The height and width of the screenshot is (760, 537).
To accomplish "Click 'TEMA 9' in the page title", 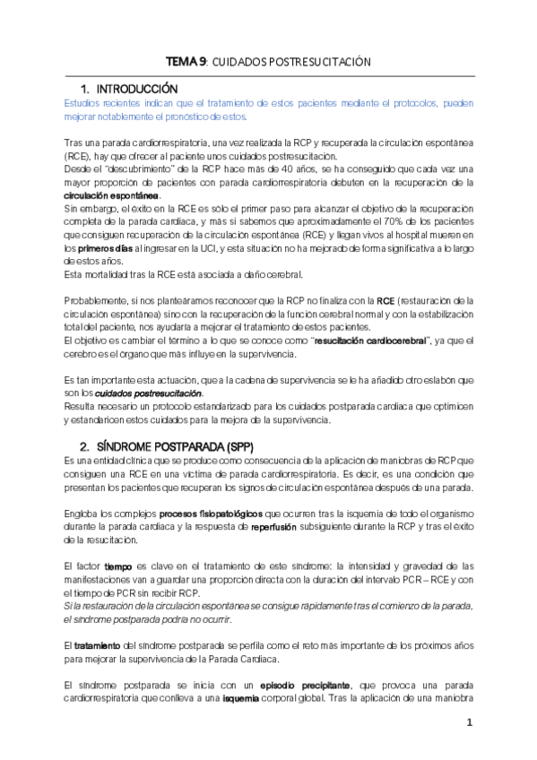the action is point(186,62).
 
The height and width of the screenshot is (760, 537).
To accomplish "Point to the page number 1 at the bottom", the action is point(468,722).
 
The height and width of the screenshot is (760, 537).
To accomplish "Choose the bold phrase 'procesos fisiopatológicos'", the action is point(212,514).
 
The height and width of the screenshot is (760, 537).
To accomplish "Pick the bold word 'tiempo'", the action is point(118,566).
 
